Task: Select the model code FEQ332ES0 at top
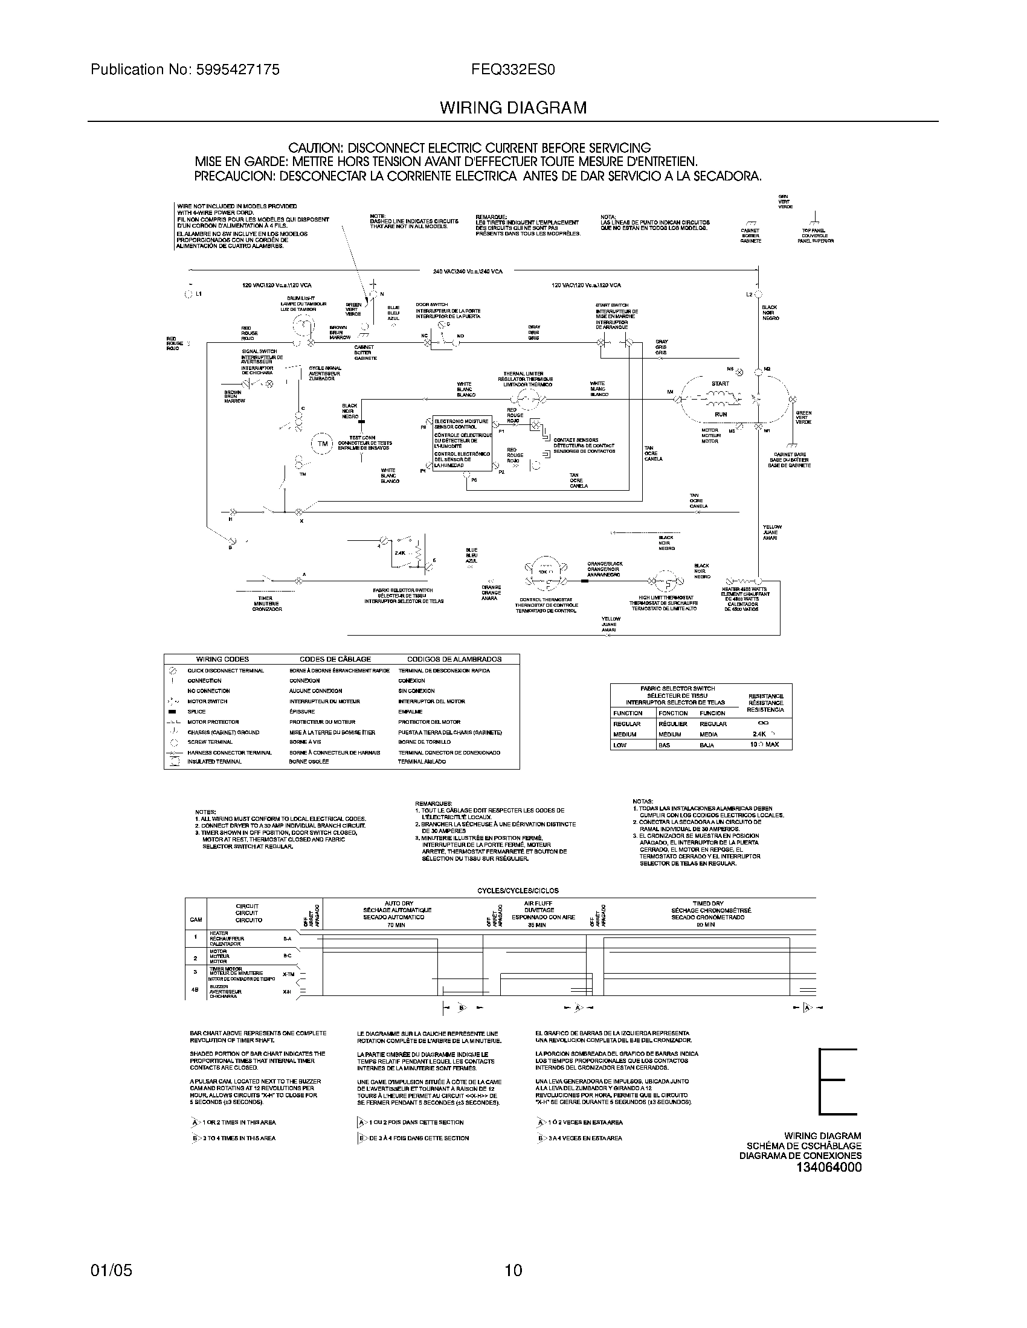pos(513,70)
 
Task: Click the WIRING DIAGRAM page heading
pos(513,108)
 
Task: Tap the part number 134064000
pos(829,1167)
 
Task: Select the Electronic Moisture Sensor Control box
pos(462,444)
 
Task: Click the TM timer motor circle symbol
pos(323,443)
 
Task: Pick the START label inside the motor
pos(720,384)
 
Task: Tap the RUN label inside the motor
pos(720,414)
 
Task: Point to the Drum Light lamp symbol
pos(304,328)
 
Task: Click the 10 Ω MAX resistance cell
pos(764,745)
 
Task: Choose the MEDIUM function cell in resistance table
pos(625,735)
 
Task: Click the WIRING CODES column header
pos(222,659)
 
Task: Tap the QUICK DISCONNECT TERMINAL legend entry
pos(225,671)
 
